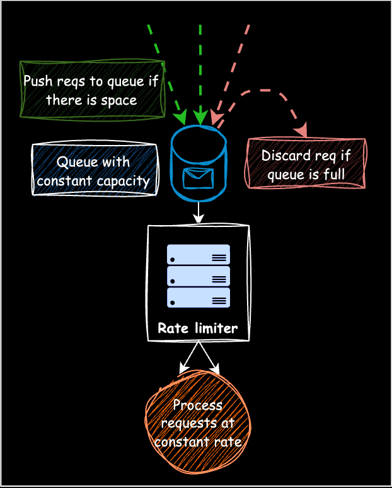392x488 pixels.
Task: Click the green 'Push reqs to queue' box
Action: coord(91,90)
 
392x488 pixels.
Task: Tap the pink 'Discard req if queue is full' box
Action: coord(306,164)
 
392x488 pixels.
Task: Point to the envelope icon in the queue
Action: coord(198,178)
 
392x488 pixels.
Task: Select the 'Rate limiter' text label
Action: coord(198,328)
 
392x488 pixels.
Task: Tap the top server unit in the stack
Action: coord(198,255)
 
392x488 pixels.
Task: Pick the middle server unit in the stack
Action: coord(198,276)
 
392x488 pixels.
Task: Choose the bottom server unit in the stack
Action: coord(198,298)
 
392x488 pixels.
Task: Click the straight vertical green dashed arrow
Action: coord(200,69)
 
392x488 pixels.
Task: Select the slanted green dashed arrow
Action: coord(164,69)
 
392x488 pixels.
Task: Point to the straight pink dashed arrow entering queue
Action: coord(233,69)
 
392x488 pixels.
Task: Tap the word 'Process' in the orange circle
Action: coord(197,405)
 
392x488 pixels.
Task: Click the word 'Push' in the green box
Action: coord(37,81)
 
